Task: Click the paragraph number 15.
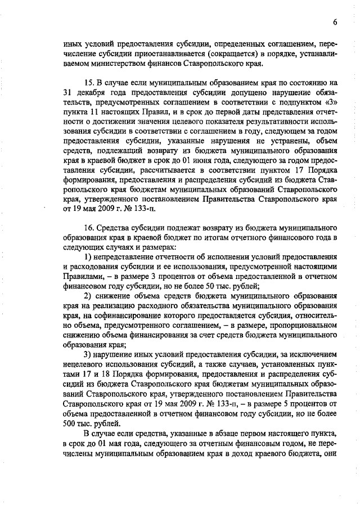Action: tap(89, 82)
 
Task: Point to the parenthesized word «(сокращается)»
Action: tap(232, 52)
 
